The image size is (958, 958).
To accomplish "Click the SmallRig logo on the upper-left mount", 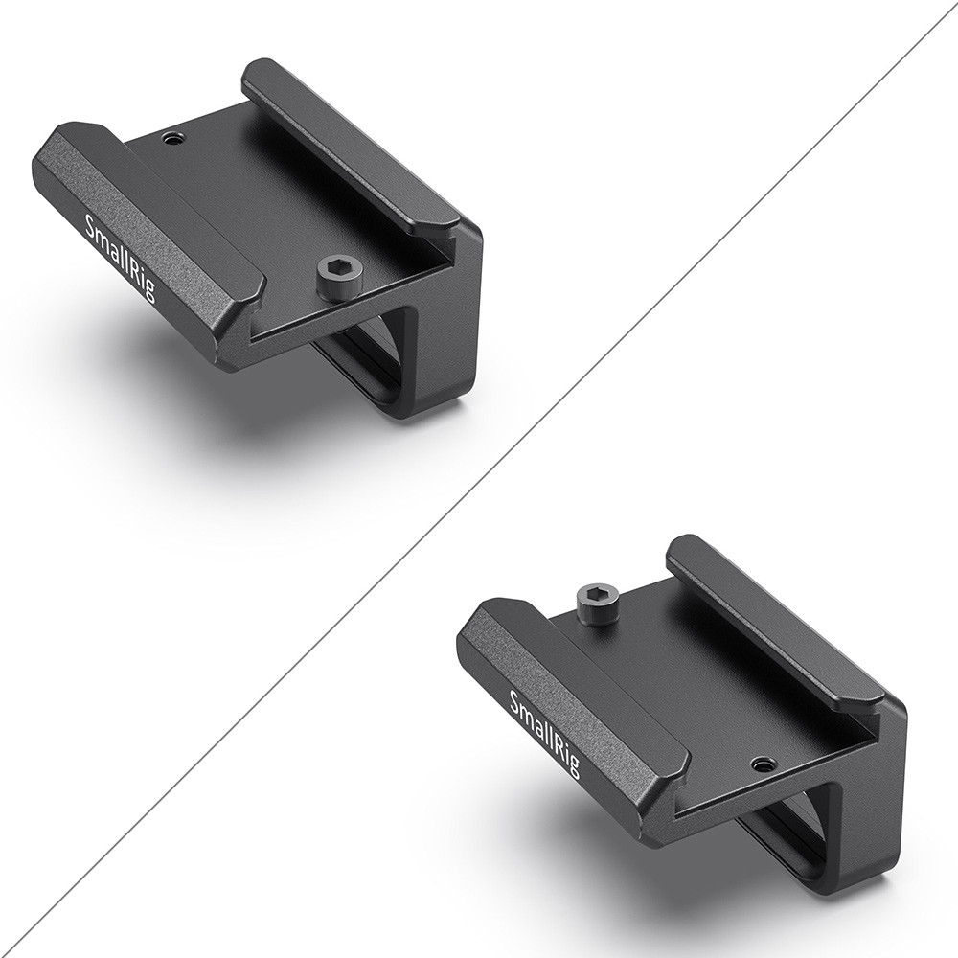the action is [x=121, y=257].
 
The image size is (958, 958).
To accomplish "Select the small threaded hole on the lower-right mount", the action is [x=763, y=764].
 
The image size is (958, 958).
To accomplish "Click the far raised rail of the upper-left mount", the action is [x=353, y=147].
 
